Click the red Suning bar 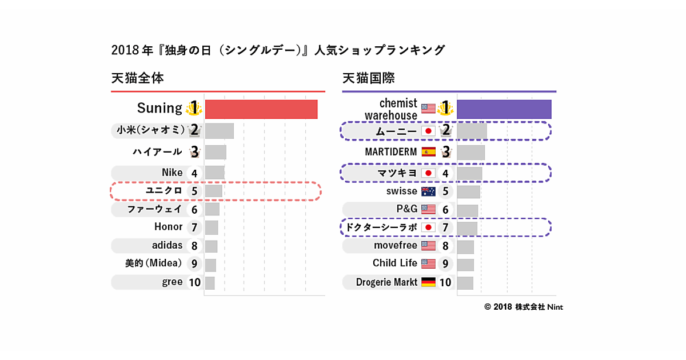pyautogui.click(x=261, y=109)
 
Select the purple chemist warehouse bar pyautogui.click(x=504, y=109)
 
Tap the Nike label pyautogui.click(x=172, y=173)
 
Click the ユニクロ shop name pyautogui.click(x=164, y=191)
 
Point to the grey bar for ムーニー pyautogui.click(x=472, y=131)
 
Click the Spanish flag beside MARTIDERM pyautogui.click(x=428, y=152)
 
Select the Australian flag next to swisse pyautogui.click(x=428, y=191)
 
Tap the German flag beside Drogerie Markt pyautogui.click(x=428, y=282)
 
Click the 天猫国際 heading pyautogui.click(x=369, y=78)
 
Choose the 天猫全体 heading pyautogui.click(x=138, y=78)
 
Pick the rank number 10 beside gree pyautogui.click(x=194, y=282)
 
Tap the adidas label pyautogui.click(x=167, y=246)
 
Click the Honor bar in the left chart pyautogui.click(x=212, y=227)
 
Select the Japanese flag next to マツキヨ pyautogui.click(x=428, y=173)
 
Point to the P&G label pyautogui.click(x=406, y=209)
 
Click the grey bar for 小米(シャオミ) pyautogui.click(x=219, y=131)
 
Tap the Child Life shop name pyautogui.click(x=395, y=263)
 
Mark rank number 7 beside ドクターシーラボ pyautogui.click(x=445, y=227)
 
